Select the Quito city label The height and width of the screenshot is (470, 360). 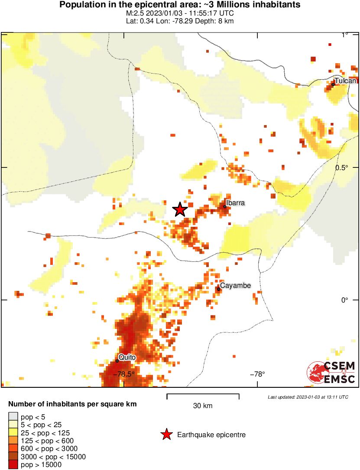click(x=127, y=357)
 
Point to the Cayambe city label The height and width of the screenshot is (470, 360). click(x=235, y=285)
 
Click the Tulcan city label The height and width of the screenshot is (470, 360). click(x=345, y=81)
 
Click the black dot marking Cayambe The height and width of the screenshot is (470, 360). click(x=219, y=289)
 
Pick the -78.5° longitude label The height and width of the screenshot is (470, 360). click(x=124, y=374)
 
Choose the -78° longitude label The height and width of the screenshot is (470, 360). click(x=258, y=374)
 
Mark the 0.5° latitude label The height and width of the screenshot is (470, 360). click(x=344, y=167)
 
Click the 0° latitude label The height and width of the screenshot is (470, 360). click(x=344, y=299)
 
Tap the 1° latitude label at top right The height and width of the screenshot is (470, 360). click(x=345, y=35)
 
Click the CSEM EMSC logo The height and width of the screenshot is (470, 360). click(x=331, y=372)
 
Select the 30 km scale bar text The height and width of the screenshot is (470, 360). click(x=203, y=406)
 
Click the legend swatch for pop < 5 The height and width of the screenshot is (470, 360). click(x=13, y=417)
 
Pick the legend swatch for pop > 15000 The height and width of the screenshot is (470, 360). click(x=13, y=464)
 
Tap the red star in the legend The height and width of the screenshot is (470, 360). click(x=166, y=435)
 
